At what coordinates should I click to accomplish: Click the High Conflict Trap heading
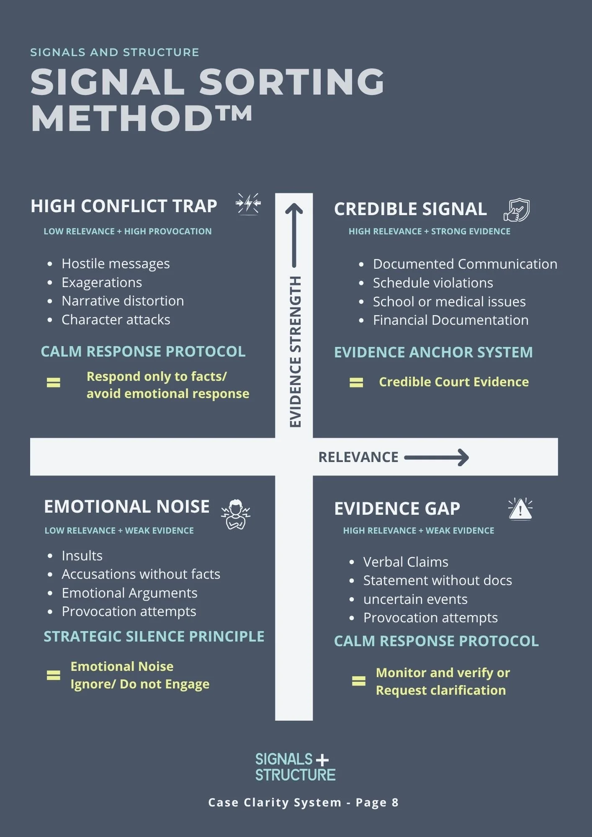point(124,206)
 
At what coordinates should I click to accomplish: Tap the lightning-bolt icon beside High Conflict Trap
point(248,204)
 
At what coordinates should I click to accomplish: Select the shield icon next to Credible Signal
point(517,210)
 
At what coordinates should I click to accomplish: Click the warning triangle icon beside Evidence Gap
point(520,509)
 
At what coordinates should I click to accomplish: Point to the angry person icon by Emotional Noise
point(236,514)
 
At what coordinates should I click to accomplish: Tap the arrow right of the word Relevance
point(436,457)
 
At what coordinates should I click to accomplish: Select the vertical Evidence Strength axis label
point(296,352)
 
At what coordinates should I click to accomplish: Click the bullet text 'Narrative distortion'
point(123,301)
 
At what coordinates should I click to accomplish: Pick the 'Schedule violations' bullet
point(433,283)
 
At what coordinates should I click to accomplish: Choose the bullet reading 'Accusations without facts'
point(141,574)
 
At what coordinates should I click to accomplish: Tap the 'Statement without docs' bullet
point(438,580)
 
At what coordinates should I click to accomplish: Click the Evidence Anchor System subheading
point(433,352)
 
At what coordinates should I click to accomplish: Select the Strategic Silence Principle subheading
point(154,637)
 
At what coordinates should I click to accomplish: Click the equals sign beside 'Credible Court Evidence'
point(356,383)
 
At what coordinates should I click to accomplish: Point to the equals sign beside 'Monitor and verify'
point(358,681)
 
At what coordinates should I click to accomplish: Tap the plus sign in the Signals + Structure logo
point(322,760)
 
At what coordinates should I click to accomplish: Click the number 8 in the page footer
point(395,802)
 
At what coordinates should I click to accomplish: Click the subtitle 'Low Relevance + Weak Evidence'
point(119,531)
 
